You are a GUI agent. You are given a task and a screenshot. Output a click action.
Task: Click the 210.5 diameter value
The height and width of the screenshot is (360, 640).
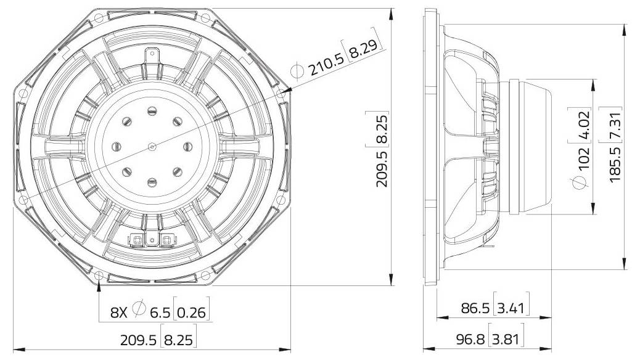[327, 62]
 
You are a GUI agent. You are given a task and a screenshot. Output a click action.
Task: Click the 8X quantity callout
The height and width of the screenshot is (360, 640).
[119, 313]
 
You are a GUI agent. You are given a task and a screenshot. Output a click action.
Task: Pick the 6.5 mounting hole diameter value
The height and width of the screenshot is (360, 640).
[159, 313]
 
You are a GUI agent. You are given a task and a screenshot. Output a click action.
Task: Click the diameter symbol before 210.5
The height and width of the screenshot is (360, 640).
[297, 71]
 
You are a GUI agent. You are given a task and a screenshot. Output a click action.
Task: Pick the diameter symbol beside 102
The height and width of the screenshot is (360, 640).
[580, 183]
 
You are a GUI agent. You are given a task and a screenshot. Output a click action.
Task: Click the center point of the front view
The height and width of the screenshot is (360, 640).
[152, 146]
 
